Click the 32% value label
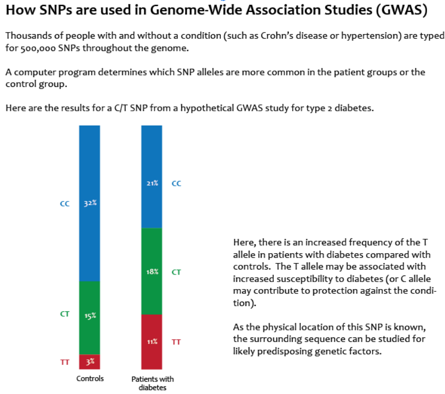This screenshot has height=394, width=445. (90, 203)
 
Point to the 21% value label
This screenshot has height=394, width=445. (152, 183)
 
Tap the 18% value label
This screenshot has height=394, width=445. (152, 272)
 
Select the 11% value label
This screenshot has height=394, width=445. (152, 342)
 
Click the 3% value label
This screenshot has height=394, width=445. (90, 362)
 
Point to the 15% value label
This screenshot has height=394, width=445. (90, 316)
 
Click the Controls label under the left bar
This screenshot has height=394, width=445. (90, 378)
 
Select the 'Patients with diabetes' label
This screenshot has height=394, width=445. (152, 383)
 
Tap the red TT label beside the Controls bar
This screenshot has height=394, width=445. (65, 362)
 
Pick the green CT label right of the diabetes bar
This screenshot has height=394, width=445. (176, 272)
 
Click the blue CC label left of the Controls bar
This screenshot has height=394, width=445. (65, 203)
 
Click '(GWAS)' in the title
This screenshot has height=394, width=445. (401, 10)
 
